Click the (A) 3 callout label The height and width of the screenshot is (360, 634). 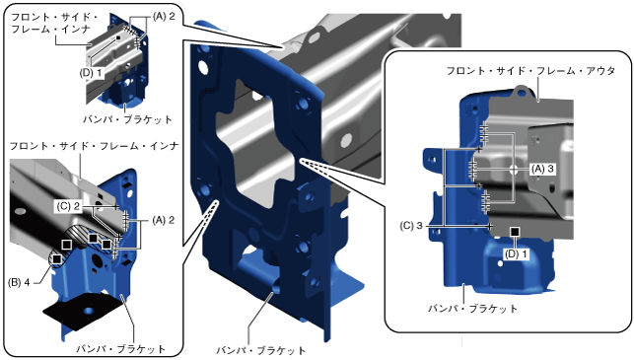click(x=542, y=169)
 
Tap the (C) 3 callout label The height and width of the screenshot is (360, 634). click(x=411, y=226)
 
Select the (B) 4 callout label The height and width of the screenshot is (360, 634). click(x=19, y=283)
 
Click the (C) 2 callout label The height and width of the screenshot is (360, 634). click(x=68, y=207)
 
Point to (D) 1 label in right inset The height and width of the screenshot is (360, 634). click(x=517, y=254)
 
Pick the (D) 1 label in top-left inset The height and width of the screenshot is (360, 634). click(x=92, y=73)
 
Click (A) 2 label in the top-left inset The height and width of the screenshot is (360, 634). click(x=164, y=17)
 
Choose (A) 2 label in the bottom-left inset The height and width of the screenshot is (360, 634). click(x=164, y=221)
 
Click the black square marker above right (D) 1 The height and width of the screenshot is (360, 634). click(x=515, y=232)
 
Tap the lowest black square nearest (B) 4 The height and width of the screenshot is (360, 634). click(x=57, y=258)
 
